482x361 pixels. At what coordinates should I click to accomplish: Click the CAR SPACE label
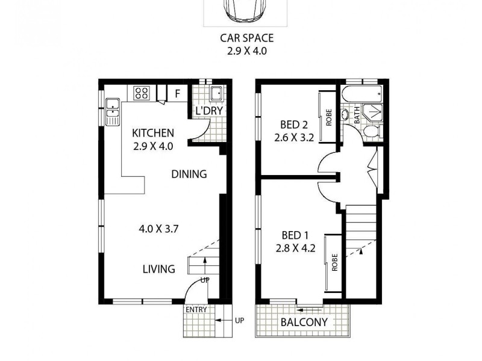[246, 38]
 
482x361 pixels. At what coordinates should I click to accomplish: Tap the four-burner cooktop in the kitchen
[142, 93]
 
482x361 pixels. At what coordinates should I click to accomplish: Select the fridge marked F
[177, 93]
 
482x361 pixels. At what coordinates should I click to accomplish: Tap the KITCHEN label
[153, 133]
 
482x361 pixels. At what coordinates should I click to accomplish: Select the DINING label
[189, 174]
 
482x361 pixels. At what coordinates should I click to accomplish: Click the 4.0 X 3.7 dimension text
[160, 229]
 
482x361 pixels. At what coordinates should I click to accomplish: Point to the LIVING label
[159, 269]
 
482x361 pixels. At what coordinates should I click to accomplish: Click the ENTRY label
[196, 310]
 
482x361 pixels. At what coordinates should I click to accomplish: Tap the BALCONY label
[304, 322]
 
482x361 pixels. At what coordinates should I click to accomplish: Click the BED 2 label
[294, 125]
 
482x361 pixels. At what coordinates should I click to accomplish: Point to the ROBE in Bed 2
[329, 117]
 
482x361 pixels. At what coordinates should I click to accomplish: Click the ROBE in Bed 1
[334, 262]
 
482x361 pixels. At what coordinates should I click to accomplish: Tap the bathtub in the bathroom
[360, 94]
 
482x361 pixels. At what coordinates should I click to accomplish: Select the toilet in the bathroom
[372, 132]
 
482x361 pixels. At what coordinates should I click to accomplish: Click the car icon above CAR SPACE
[245, 9]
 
